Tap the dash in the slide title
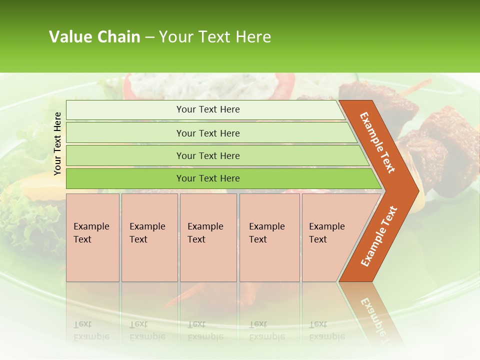(x=149, y=37)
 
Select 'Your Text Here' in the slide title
(x=215, y=37)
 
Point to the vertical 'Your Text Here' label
(x=57, y=143)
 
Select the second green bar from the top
(x=208, y=133)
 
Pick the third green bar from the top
(x=208, y=155)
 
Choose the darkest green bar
(x=208, y=178)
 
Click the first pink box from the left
(x=92, y=237)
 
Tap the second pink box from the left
(x=149, y=237)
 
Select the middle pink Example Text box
(x=208, y=237)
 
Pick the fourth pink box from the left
(x=269, y=237)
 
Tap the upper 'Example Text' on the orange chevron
(x=377, y=142)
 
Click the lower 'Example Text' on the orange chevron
(x=378, y=236)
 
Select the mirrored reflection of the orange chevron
(x=372, y=310)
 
